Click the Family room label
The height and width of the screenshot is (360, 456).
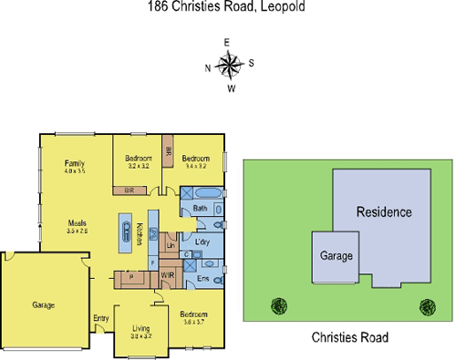coord(74,166)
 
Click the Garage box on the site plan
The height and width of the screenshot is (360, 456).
coord(335,257)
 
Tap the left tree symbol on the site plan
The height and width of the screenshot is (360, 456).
coord(277,306)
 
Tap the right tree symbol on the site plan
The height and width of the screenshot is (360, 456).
coord(424,306)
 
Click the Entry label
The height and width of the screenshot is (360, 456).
coord(100,318)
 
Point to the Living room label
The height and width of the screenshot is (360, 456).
coord(140,329)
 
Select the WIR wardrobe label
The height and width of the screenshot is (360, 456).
coord(167,274)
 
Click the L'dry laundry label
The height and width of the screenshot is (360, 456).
coord(202,242)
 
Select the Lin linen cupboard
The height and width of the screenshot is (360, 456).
coord(170,245)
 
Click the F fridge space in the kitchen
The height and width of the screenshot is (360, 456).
coord(152,262)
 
